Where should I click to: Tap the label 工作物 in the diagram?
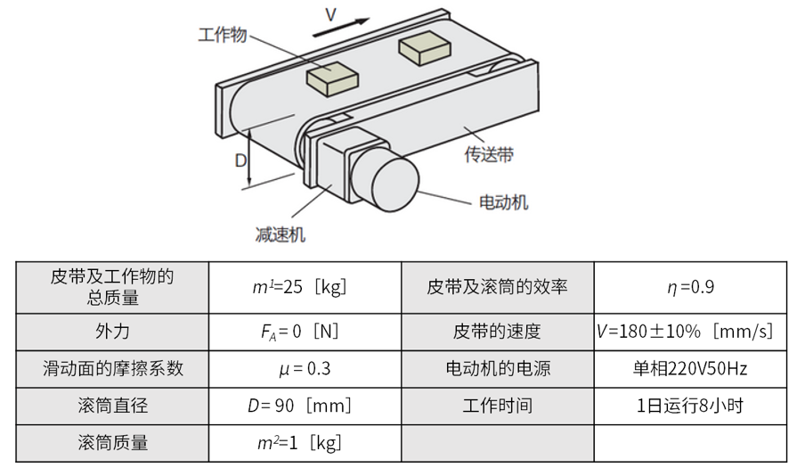(x=222, y=35)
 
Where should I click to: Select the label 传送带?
(x=489, y=154)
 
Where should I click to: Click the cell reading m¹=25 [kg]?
(x=305, y=287)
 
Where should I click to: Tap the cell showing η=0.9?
(x=690, y=287)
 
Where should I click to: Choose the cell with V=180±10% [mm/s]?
(x=690, y=332)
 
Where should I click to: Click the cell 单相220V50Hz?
(x=690, y=368)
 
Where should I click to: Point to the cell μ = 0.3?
(x=305, y=368)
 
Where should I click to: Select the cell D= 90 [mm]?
(x=305, y=406)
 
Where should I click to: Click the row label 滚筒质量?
(x=112, y=443)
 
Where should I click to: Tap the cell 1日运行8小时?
(x=690, y=406)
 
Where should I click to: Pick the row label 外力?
(x=112, y=332)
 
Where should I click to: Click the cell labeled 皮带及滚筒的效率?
(x=497, y=287)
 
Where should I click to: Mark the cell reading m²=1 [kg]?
(x=305, y=443)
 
